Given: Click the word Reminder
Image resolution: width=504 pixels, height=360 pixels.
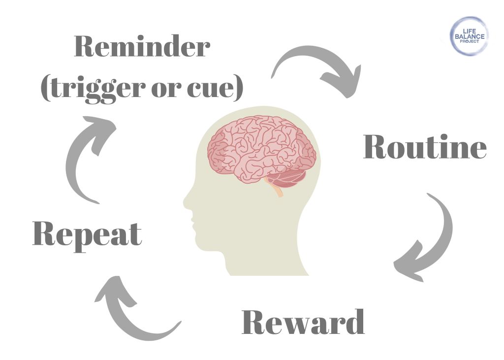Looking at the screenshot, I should [142, 48].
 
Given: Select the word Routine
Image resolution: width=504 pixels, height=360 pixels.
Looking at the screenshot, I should [425, 147].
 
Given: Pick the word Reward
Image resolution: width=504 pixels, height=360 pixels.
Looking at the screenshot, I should [303, 323].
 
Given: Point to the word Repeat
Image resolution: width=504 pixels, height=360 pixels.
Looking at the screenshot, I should [87, 234].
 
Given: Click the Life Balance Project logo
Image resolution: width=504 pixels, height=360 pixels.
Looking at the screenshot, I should [469, 35].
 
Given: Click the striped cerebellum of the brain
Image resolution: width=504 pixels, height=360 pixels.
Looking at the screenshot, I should [288, 178].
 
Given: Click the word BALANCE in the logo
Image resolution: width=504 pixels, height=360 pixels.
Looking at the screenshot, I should [469, 36].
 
